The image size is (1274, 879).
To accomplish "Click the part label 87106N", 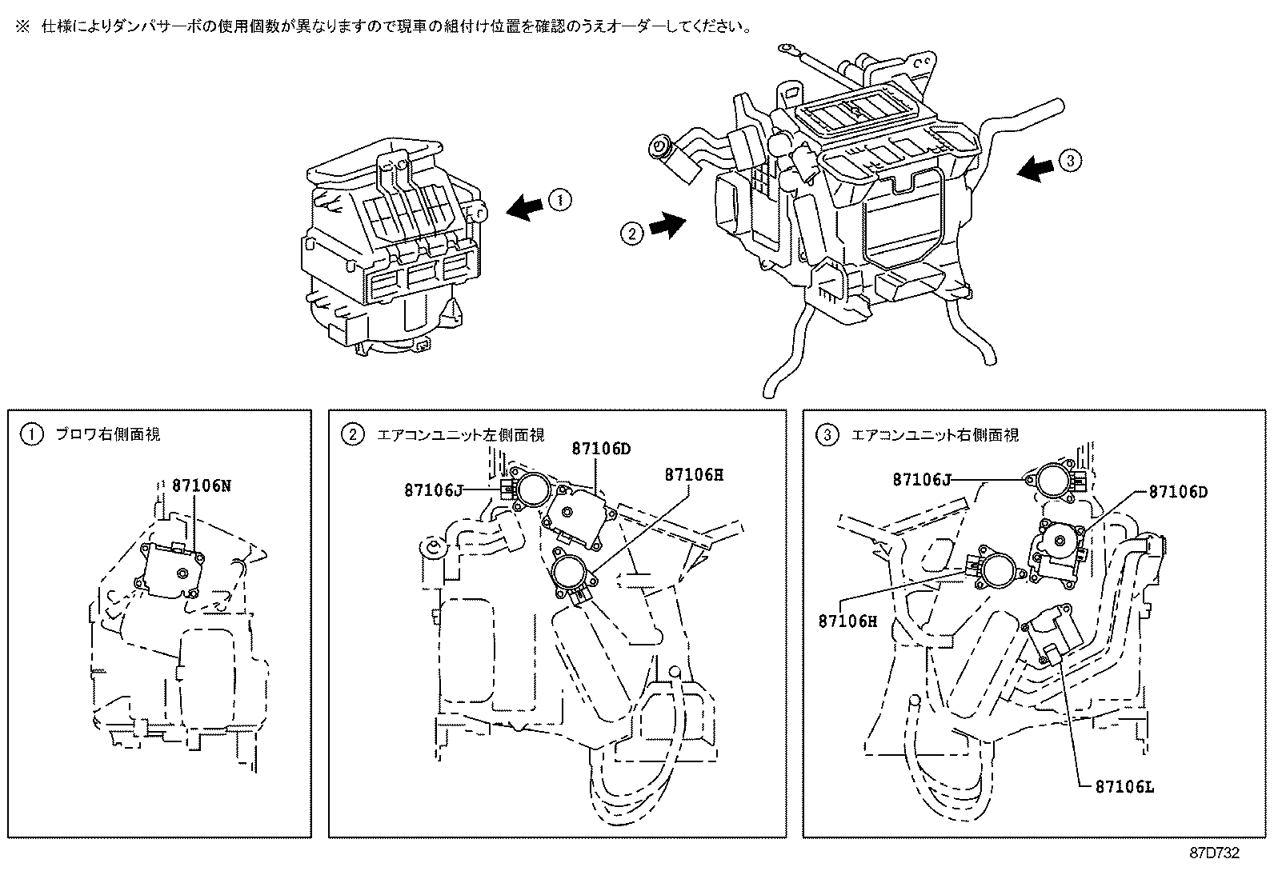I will click(x=202, y=485).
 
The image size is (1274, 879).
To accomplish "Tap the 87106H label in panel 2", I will click(x=693, y=474).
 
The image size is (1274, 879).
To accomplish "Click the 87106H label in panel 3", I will click(x=848, y=620).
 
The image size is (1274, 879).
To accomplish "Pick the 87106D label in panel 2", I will click(x=601, y=449).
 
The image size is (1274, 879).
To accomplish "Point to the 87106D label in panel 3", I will click(x=1177, y=492).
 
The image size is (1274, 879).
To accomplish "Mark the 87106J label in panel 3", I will click(x=922, y=479).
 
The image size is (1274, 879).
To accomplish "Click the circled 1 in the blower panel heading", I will click(x=30, y=435).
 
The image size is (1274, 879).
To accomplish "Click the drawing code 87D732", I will click(x=1213, y=853).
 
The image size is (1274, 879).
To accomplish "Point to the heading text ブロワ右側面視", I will click(x=107, y=435).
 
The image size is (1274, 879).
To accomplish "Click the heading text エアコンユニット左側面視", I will click(x=459, y=435).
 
